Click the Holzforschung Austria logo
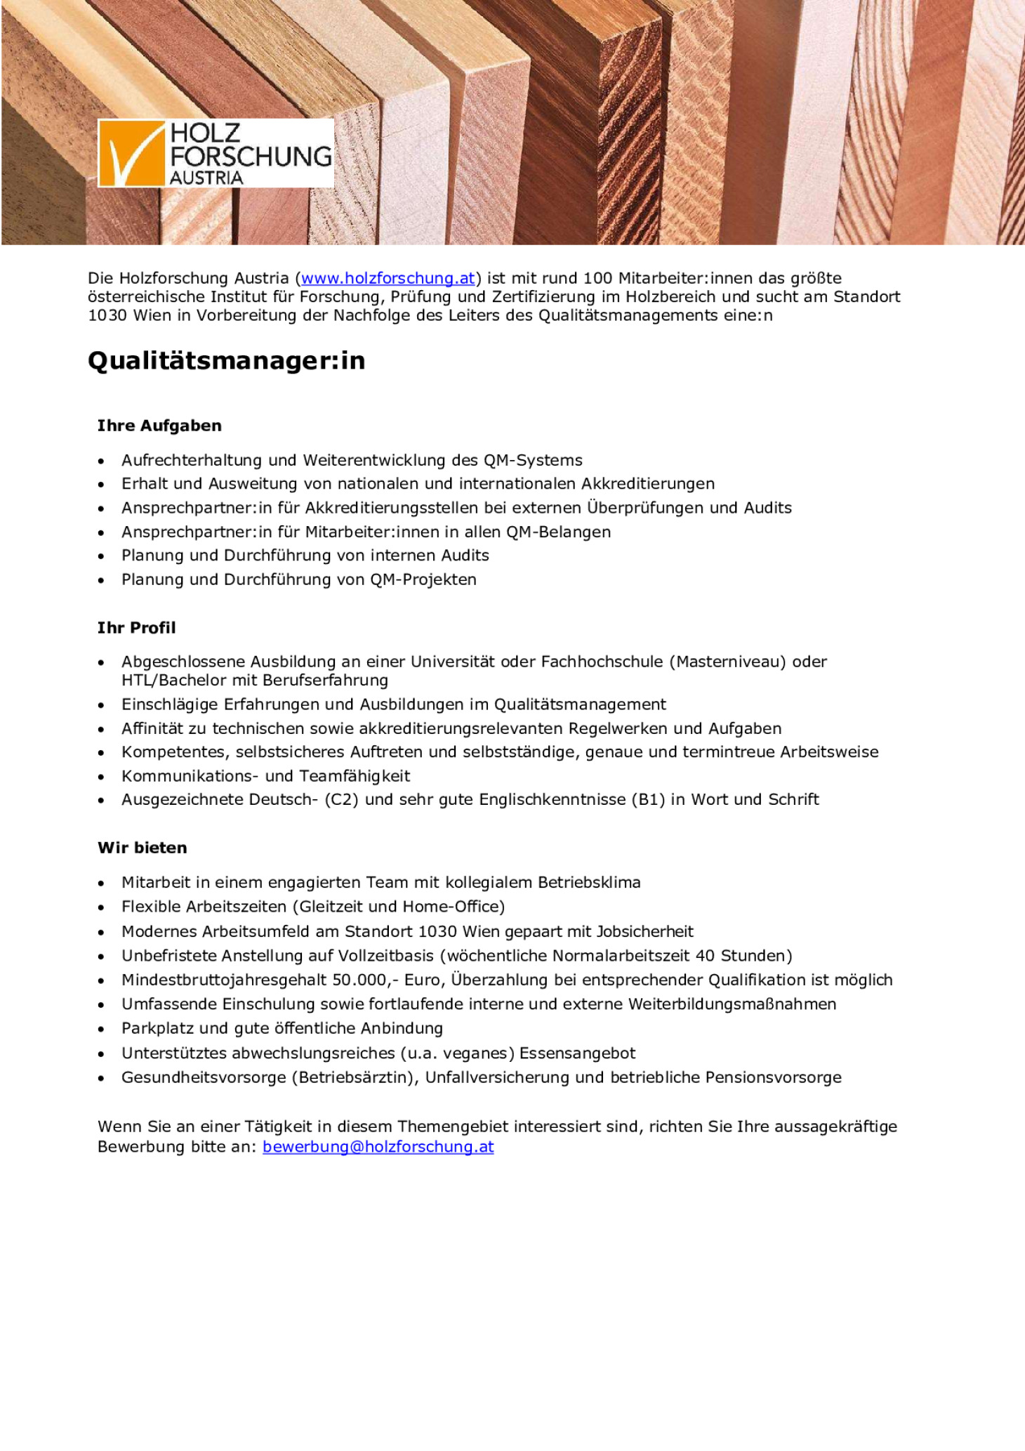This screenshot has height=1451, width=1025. tap(216, 153)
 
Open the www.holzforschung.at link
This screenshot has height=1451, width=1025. tap(388, 278)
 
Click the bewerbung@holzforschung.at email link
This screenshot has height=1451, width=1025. tap(378, 1147)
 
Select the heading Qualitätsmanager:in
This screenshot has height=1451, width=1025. tap(226, 361)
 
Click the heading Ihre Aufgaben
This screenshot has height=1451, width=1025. tap(159, 426)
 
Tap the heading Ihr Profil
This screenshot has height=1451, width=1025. tap(136, 628)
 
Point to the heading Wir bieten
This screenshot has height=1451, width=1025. tap(143, 848)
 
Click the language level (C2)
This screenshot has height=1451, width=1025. tap(341, 799)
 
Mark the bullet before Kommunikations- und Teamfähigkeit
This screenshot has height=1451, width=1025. tap(102, 777)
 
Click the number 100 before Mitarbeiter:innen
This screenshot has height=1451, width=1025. tap(597, 278)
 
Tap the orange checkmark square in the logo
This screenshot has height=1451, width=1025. tap(131, 153)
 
